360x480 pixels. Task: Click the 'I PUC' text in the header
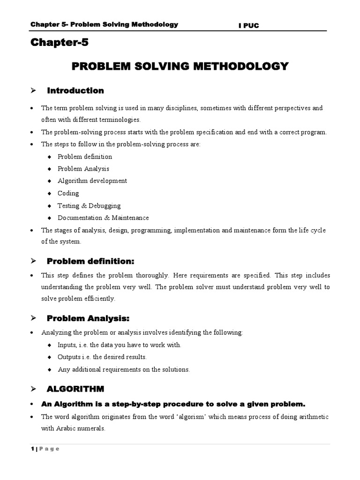pyautogui.click(x=248, y=26)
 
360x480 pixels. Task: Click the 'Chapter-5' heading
pyautogui.click(x=59, y=43)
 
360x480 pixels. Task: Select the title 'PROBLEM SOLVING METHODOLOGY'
pyautogui.click(x=180, y=66)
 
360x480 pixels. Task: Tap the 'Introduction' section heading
pyautogui.click(x=75, y=90)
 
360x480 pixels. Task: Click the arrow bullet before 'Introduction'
pyautogui.click(x=33, y=90)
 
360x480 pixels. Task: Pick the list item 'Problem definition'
pyautogui.click(x=85, y=157)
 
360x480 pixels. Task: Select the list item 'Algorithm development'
pyautogui.click(x=92, y=181)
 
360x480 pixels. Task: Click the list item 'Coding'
pyautogui.click(x=68, y=193)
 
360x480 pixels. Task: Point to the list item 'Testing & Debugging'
pyautogui.click(x=89, y=205)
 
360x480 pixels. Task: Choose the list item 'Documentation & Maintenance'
pyautogui.click(x=103, y=217)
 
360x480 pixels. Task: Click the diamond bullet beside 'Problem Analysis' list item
pyautogui.click(x=49, y=169)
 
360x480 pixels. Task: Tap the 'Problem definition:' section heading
pyautogui.click(x=90, y=261)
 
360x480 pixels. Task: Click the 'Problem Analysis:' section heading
pyautogui.click(x=88, y=319)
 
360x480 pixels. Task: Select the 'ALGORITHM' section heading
pyautogui.click(x=75, y=389)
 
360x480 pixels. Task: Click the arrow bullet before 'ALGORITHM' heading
pyautogui.click(x=33, y=389)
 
